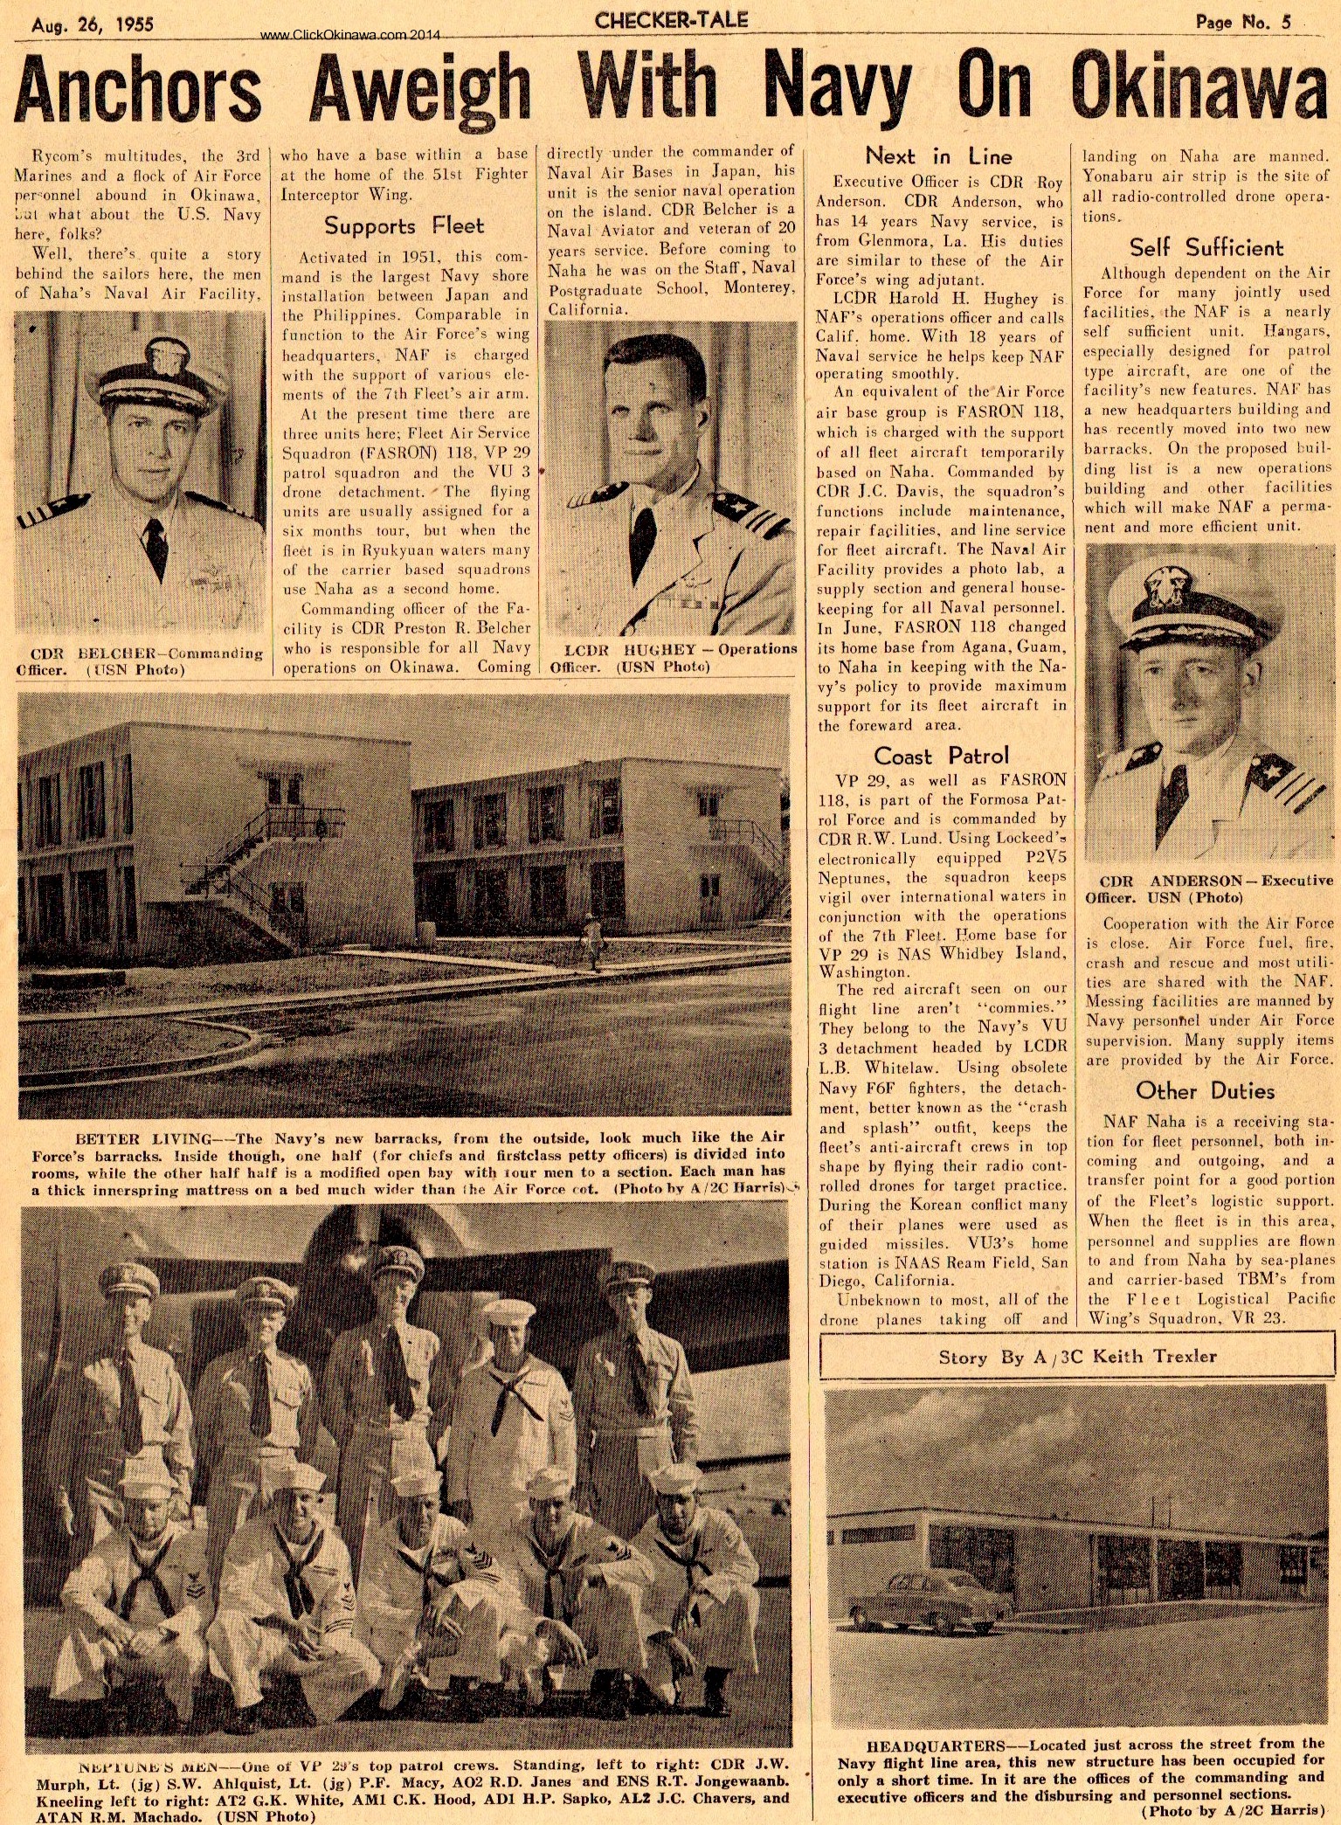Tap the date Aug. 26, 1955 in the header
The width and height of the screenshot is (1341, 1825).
93,24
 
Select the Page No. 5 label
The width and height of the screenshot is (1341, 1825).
1243,23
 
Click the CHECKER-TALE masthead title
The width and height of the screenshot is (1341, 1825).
671,20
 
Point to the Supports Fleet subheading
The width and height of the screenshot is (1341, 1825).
404,226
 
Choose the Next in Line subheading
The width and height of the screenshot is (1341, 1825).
938,156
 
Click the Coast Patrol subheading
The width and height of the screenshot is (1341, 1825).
941,756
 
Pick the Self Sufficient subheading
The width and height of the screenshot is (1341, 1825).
1206,247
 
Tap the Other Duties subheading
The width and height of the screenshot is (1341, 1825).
1205,1090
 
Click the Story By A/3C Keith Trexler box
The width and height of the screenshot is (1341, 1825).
1076,1357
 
